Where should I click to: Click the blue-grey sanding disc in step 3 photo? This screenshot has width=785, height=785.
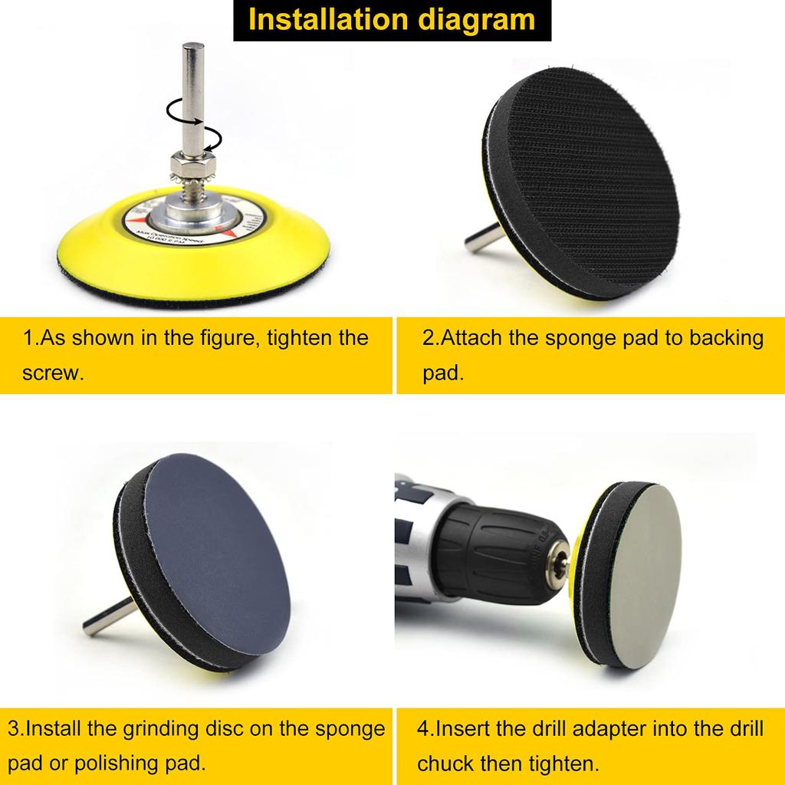tap(222, 556)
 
